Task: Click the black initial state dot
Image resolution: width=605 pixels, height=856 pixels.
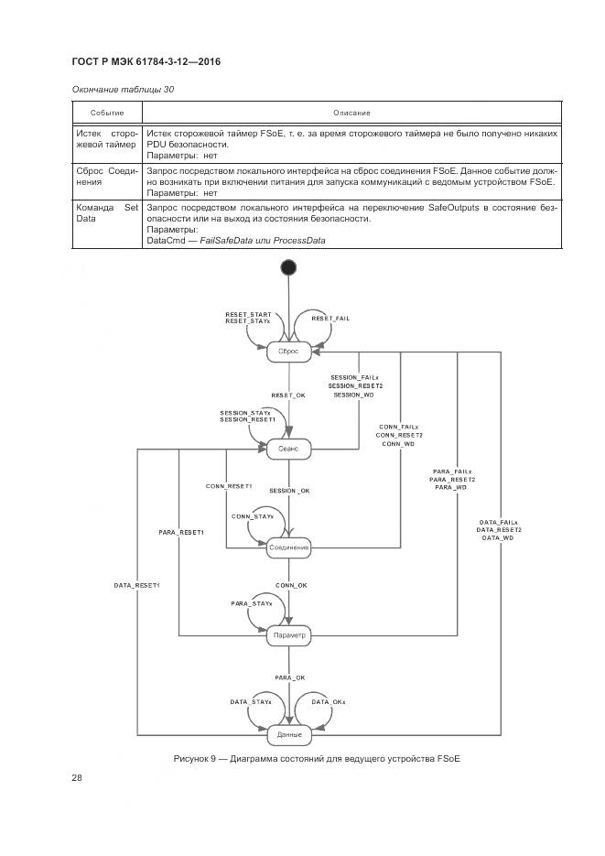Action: click(288, 266)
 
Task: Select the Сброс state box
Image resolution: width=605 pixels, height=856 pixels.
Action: click(288, 349)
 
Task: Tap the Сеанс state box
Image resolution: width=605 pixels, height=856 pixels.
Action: click(288, 449)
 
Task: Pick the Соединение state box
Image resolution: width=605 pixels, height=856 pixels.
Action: click(288, 547)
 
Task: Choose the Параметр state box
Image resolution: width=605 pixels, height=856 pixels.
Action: click(288, 634)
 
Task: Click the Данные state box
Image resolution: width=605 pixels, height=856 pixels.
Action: click(288, 734)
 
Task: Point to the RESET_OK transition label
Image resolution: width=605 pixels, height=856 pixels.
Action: click(288, 395)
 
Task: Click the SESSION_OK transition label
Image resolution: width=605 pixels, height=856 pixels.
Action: click(289, 491)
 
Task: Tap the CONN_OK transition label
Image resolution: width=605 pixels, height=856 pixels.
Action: click(290, 584)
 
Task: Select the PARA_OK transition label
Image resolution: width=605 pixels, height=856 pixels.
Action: click(289, 677)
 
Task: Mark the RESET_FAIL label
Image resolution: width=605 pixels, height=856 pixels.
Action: click(330, 318)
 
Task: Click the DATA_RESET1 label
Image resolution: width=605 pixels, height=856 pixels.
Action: click(136, 584)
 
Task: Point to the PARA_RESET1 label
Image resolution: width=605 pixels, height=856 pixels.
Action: click(180, 531)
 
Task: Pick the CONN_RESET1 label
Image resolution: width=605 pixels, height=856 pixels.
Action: click(228, 485)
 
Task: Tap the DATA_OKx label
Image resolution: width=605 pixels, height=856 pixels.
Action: click(329, 701)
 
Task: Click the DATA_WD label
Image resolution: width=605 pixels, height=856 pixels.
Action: click(499, 537)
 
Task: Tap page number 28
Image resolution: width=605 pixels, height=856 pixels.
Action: click(77, 777)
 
